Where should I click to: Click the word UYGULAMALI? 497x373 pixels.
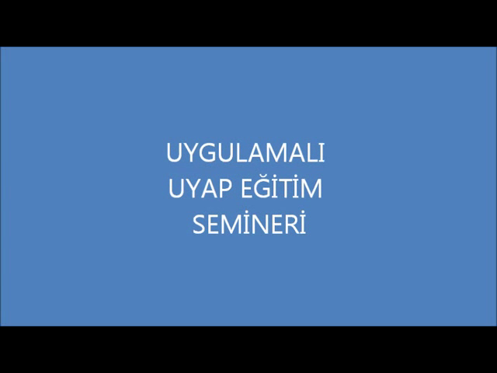(245, 153)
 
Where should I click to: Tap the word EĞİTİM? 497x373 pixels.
(281, 186)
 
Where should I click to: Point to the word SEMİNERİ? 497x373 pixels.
(249, 222)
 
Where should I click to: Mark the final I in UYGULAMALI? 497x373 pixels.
(322, 153)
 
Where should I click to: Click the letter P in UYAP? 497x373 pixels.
(225, 188)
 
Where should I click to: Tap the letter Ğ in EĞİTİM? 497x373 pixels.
(262, 186)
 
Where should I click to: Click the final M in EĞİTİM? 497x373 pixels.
(312, 188)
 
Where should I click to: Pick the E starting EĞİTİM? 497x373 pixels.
(247, 188)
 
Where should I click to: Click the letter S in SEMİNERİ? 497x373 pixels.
(199, 225)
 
